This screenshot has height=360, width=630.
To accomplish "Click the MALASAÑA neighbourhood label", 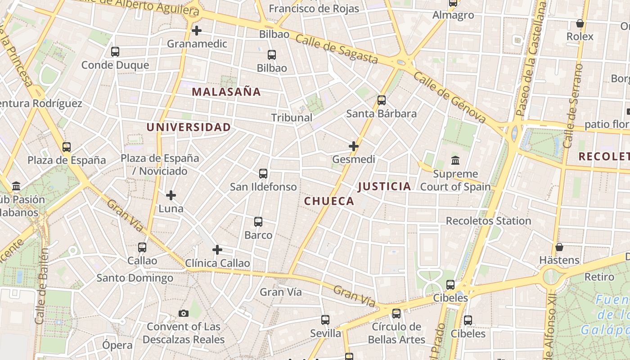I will point(226,92).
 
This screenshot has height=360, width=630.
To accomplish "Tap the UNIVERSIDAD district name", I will point(189,127).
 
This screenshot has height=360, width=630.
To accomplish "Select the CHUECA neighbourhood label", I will point(329,201).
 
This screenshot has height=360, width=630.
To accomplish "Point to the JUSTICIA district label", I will point(385,186).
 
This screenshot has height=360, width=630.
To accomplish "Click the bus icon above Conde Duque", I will point(115,52).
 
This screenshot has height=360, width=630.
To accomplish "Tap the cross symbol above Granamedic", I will point(197,31).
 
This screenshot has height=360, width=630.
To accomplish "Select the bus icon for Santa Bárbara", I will point(382,100).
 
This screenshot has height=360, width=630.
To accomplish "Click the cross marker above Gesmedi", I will point(354,146).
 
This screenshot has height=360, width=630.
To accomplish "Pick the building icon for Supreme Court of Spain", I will point(455,161).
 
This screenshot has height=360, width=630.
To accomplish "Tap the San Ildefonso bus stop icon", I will point(263,174).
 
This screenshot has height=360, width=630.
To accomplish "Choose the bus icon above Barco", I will point(258,222).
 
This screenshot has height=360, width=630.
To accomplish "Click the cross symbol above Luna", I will point(171,195).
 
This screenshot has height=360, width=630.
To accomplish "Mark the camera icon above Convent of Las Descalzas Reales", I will point(184,314).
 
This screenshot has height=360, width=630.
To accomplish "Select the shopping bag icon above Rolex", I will point(580,23).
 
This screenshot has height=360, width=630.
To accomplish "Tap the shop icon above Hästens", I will point(559,247).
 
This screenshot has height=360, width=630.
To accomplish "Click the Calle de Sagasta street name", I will point(337,49).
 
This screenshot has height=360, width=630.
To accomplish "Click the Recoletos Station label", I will point(488,221).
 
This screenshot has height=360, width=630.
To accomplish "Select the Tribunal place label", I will point(292,117).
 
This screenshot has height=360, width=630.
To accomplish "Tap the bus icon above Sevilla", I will point(325,320).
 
